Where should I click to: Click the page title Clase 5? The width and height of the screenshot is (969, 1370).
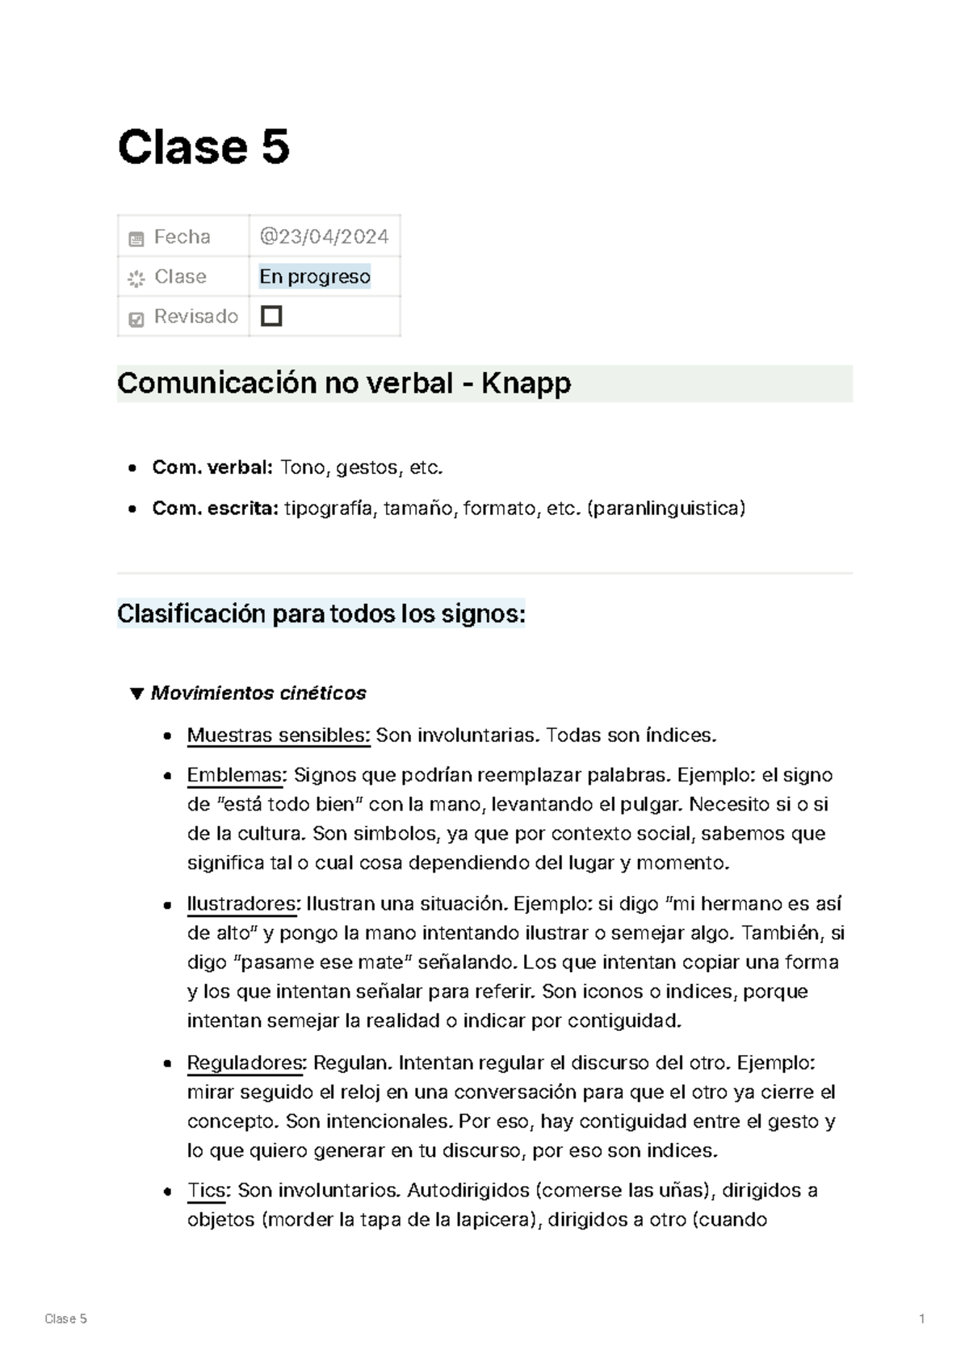[x=203, y=148]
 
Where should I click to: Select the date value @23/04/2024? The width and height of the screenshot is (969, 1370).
[x=324, y=237]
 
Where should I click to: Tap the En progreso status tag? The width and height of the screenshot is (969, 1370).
[x=314, y=276]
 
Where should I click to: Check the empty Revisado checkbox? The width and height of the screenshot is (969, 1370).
[x=271, y=316]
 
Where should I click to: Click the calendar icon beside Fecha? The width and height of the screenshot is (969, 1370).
[x=136, y=238]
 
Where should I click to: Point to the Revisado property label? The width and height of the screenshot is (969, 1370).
[x=195, y=316]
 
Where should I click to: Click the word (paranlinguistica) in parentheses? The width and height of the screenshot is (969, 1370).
[x=666, y=508]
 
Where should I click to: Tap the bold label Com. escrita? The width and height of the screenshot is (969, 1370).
[x=215, y=508]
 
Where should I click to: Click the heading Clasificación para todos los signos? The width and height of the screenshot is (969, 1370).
[x=321, y=614]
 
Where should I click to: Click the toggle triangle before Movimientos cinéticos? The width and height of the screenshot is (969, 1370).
[x=136, y=693]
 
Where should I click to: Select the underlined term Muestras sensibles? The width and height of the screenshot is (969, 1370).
[x=278, y=735]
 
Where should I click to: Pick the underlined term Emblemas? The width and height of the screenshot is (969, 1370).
[x=236, y=775]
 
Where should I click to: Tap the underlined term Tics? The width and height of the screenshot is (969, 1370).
[x=209, y=1190]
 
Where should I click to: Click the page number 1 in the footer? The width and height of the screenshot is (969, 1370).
[x=921, y=1318]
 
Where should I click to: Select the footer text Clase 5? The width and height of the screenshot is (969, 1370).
[x=65, y=1318]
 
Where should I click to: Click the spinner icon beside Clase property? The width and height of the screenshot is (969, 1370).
[x=136, y=279]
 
